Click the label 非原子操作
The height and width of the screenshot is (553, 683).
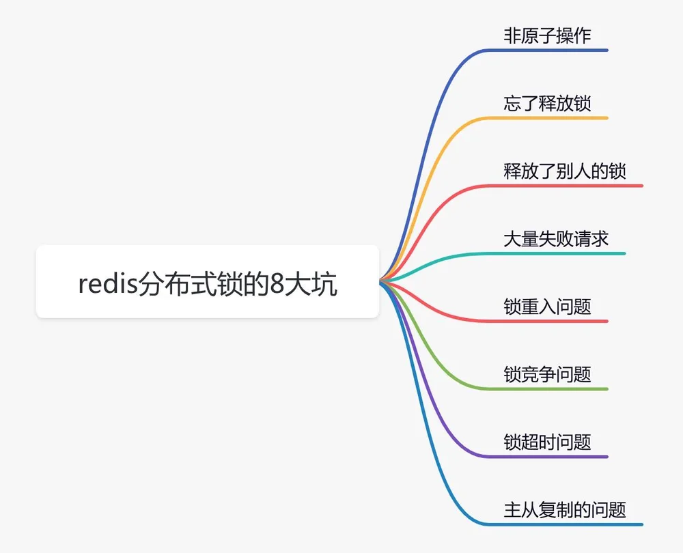[547, 36]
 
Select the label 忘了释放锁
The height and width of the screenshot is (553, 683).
[547, 104]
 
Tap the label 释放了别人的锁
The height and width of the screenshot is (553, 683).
[565, 171]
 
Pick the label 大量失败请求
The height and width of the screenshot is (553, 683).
[556, 239]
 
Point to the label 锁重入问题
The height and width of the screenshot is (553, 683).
[547, 307]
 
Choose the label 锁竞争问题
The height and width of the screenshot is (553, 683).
[547, 375]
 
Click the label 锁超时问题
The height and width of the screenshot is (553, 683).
[547, 442]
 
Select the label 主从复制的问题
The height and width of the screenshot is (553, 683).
[565, 510]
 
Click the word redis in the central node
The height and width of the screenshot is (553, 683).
[108, 283]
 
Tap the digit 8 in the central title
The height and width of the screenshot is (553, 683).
[277, 284]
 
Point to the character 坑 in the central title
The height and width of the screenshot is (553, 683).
[324, 284]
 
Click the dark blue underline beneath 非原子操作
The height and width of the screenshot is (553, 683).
[547, 51]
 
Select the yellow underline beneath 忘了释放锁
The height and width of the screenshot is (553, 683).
[547, 118]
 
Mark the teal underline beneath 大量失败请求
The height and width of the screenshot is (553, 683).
[556, 253]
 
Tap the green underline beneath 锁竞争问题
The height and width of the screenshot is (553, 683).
[547, 389]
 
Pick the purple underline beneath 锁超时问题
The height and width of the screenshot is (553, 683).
[547, 457]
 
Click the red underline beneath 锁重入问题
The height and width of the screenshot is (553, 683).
[547, 322]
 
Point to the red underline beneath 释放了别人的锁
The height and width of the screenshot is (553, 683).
[565, 186]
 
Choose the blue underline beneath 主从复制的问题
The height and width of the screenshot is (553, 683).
[565, 524]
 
